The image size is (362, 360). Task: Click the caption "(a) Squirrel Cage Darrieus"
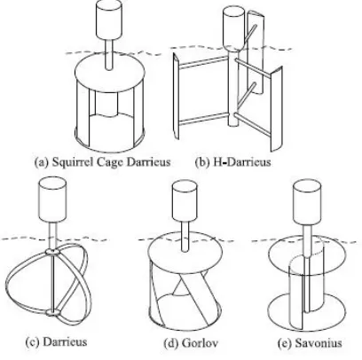[102, 162]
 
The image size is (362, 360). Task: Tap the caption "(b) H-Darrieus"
[233, 162]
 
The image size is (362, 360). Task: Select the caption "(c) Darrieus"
[56, 342]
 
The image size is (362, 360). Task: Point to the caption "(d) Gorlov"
[191, 343]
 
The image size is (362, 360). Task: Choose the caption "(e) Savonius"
[310, 343]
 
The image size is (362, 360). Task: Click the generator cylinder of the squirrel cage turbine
[109, 20]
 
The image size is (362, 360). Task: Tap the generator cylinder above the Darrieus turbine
[52, 200]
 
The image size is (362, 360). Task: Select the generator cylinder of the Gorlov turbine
[185, 201]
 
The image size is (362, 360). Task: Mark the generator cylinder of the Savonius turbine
[307, 202]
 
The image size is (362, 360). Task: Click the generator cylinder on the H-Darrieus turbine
[233, 29]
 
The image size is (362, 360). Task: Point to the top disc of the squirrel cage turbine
[110, 71]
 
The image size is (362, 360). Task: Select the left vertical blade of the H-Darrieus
[176, 96]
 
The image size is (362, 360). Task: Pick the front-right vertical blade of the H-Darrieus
[277, 108]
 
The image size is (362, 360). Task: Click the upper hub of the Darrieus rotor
[52, 252]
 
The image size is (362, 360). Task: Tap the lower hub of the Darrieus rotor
[52, 313]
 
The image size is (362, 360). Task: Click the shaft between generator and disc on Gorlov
[185, 237]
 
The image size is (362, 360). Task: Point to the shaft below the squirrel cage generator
[109, 54]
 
